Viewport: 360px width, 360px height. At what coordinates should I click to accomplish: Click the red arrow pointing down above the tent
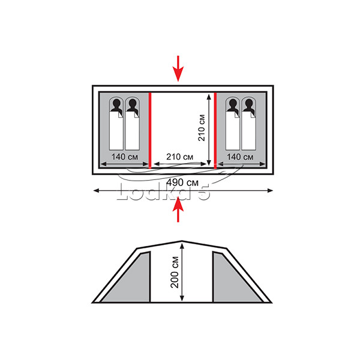coord(178,68)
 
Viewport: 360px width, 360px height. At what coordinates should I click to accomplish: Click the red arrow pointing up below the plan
coord(178,209)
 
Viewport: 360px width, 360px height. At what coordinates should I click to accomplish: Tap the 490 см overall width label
coord(182,182)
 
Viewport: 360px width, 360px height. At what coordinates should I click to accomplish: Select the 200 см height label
coord(175,272)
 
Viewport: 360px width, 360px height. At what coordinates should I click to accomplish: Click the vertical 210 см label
coord(202,128)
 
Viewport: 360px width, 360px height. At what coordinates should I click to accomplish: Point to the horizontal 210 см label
coord(179,157)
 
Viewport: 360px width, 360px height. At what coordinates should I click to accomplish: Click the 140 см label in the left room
coord(125,157)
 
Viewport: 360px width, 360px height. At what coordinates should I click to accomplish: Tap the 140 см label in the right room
coord(240,157)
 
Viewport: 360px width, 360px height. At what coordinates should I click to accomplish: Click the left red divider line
coord(150,130)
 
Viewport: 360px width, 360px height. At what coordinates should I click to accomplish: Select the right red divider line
coord(215,130)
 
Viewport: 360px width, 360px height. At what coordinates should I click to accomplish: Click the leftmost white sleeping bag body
coord(116,131)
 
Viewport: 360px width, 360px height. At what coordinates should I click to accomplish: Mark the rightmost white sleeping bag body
coord(248,131)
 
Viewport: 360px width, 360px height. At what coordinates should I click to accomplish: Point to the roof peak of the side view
coord(182,241)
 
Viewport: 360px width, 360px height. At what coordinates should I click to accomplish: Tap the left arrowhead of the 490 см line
coord(97,191)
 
